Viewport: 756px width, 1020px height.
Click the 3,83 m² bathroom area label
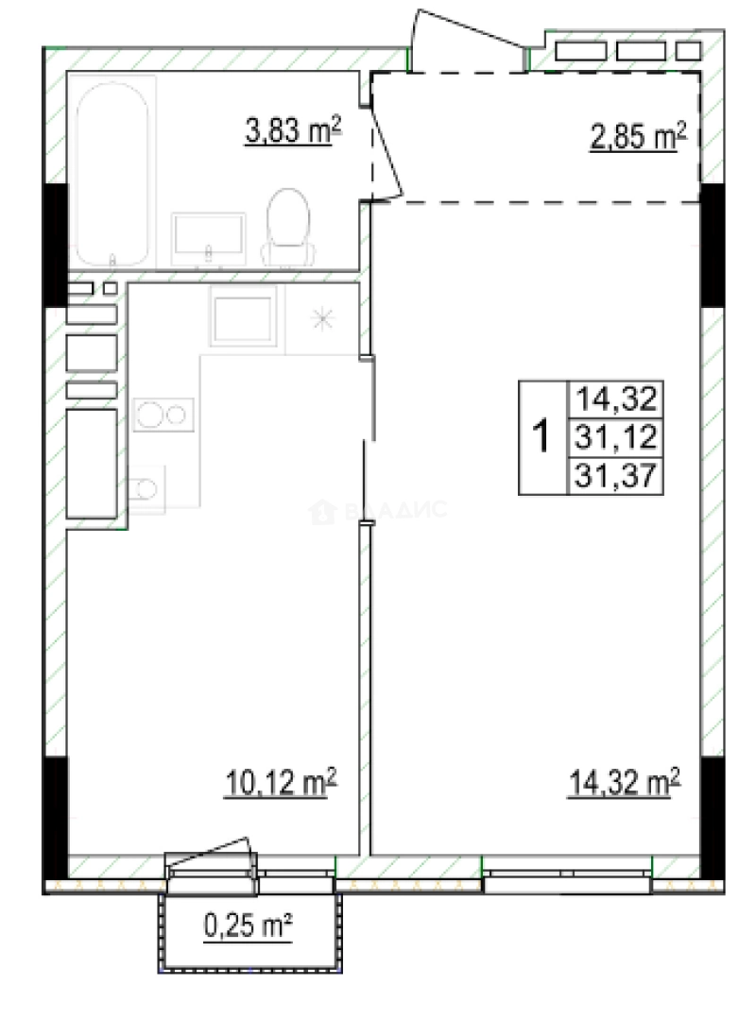[x=293, y=129]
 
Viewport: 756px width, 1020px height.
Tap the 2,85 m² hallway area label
[x=638, y=137]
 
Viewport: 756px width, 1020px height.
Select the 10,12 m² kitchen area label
[x=281, y=783]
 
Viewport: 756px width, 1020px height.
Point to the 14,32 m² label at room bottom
[x=624, y=783]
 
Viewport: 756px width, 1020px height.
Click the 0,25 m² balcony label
[x=249, y=926]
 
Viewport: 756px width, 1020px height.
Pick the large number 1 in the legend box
[x=541, y=435]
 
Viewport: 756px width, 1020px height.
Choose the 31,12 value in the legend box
[x=616, y=437]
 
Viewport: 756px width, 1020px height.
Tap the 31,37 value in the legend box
[x=616, y=476]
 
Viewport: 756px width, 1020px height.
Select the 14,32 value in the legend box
[x=616, y=399]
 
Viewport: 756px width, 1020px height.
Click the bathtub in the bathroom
[x=112, y=173]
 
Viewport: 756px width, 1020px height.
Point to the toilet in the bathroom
[x=288, y=227]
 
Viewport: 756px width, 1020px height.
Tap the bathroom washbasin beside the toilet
[x=208, y=239]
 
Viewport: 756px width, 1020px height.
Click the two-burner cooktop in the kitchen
[x=163, y=415]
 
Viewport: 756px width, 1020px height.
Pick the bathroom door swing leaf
[x=387, y=149]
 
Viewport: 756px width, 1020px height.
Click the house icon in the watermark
[x=322, y=512]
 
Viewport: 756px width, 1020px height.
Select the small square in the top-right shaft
[x=688, y=51]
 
